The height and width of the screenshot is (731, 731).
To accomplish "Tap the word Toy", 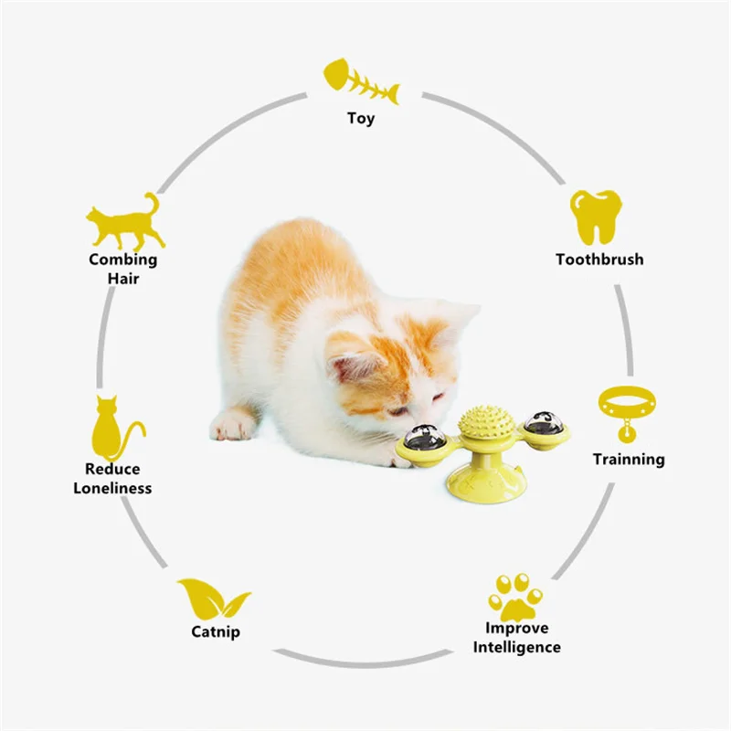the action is point(361,118).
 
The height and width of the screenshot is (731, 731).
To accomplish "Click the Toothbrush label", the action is point(599,259).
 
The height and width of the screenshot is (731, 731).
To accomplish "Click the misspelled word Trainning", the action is point(629,459).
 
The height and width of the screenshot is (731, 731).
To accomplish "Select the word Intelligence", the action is point(517,647).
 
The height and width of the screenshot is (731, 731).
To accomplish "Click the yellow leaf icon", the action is point(213,599).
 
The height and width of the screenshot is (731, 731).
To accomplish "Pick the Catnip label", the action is point(217,631).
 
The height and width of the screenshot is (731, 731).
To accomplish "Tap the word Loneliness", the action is point(113,487).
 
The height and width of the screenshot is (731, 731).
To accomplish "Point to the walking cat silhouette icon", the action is point(126,222).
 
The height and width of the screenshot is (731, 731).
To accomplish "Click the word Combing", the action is point(122,259).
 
